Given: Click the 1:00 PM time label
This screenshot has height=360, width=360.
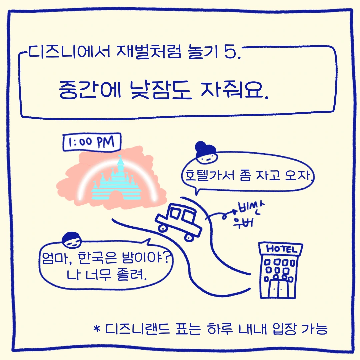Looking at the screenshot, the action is click(x=92, y=143).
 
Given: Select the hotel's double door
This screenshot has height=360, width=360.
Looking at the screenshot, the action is click(x=278, y=289).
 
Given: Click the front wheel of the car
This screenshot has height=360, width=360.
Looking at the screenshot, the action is click(x=189, y=237).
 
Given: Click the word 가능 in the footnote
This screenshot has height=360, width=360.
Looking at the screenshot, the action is click(x=315, y=330).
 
